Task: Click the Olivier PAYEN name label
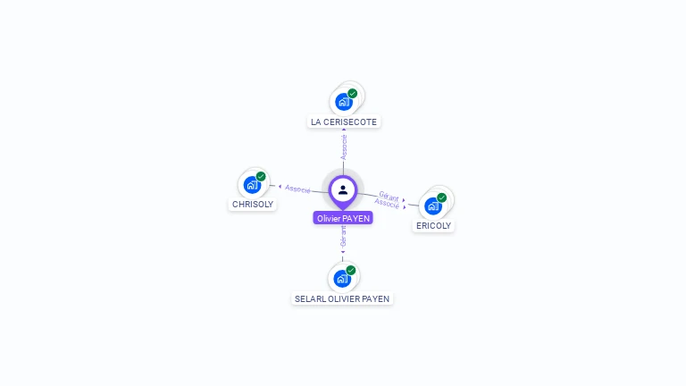coord(343,218)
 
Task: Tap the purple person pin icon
coord(343,190)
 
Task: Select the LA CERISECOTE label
coord(344,122)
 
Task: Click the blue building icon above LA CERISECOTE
coord(343,102)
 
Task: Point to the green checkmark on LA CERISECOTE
coord(353,93)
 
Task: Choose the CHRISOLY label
coord(253,204)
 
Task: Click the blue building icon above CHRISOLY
coord(251,186)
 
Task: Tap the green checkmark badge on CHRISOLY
coord(261,176)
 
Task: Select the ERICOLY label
coord(434,226)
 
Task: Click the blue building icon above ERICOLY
coord(432,206)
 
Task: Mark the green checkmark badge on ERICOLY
coord(442,197)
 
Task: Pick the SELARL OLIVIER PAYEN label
coord(343,298)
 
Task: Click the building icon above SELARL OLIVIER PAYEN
coord(341,279)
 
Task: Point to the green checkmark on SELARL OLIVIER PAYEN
coord(351,270)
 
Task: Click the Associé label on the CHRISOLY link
coord(298,189)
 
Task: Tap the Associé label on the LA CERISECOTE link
coord(344,147)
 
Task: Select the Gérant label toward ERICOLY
coord(389,195)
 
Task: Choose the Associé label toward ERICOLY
coord(388,204)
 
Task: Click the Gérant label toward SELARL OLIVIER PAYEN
coord(343,237)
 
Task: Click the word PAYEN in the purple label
coord(356,218)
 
